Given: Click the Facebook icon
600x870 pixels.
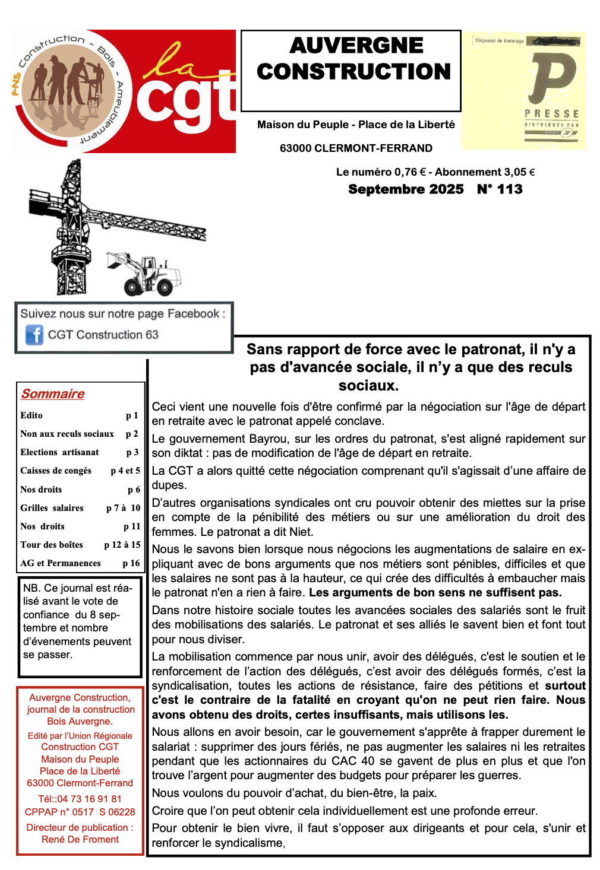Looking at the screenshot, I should pos(34,335).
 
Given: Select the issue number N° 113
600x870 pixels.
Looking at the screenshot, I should pos(500,189).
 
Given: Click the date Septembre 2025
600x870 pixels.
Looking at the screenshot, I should pos(406,189).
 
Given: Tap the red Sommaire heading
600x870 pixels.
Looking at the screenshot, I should pos(53,394).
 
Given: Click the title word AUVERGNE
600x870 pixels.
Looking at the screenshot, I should pos(356,46).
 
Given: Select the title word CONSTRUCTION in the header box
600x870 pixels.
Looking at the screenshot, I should pos(354,72).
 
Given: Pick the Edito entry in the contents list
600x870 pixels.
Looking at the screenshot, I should pos(31,415).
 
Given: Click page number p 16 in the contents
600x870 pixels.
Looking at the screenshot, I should pos(131,563).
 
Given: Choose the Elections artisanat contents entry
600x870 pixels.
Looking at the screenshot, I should pos(59,452).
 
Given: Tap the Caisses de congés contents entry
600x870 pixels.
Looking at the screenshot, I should pos(56,471).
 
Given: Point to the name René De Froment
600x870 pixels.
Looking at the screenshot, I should pos(80,839).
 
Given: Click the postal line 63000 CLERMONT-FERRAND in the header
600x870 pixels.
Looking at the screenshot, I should pos(356,148).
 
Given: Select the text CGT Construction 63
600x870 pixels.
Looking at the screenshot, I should pos(103,335).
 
